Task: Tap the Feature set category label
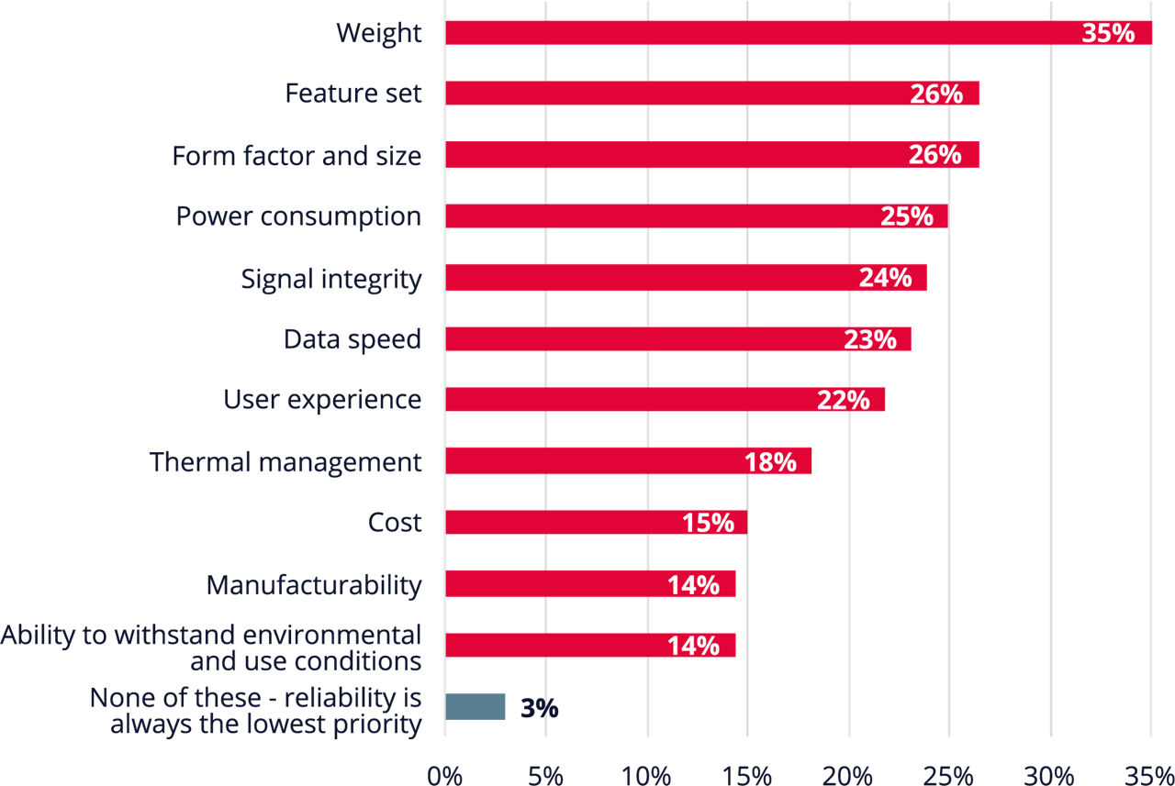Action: pos(353,94)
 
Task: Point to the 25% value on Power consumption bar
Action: pos(906,216)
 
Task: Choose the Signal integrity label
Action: pos(331,279)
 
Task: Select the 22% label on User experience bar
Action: pos(843,401)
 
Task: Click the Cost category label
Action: pos(395,523)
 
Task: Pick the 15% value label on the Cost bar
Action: pos(708,523)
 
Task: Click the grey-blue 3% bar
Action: pos(475,707)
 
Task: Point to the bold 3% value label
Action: pos(539,708)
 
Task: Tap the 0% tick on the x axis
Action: pos(444,773)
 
